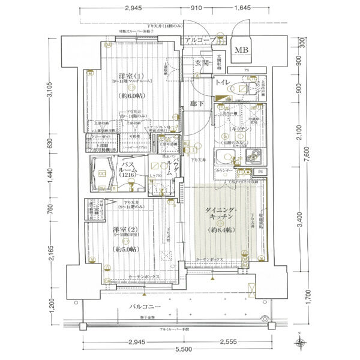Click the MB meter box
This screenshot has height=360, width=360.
[x=244, y=50]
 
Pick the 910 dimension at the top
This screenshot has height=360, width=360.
[x=196, y=8]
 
